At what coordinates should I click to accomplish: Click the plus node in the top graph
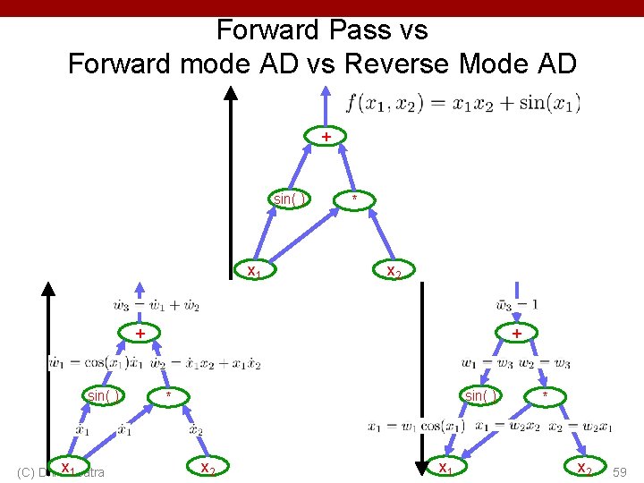point(326,136)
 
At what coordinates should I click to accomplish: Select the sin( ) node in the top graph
point(288,199)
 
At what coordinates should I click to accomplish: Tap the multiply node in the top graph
point(355,199)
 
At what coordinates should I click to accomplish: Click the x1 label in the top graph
point(253,270)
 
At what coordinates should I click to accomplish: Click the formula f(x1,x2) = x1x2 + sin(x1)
point(469,103)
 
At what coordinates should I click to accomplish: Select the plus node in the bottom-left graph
point(140,333)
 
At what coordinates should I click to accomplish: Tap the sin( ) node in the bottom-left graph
point(102,394)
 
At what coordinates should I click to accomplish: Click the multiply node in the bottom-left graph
point(168,394)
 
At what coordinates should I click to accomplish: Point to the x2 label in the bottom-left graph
point(207,467)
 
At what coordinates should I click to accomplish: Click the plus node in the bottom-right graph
point(516,333)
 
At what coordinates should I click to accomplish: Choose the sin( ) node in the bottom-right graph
point(479,394)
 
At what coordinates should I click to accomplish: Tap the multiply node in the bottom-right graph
point(545,394)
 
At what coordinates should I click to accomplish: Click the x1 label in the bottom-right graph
point(444,467)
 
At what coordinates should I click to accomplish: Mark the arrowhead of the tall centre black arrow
point(231,92)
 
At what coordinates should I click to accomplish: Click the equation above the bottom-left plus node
point(157,306)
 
